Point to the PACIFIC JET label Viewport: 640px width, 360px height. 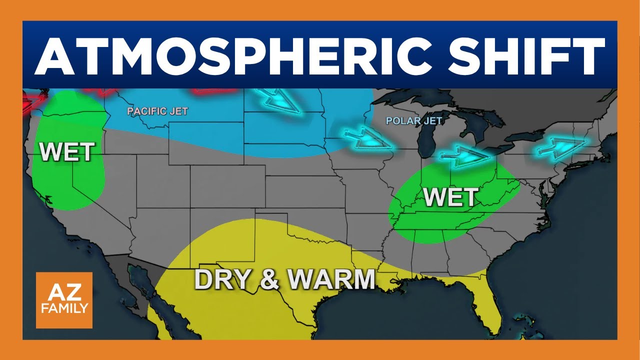click(157, 111)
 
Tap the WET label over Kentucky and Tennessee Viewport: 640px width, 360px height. click(450, 197)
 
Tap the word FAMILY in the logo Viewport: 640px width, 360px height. click(64, 308)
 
